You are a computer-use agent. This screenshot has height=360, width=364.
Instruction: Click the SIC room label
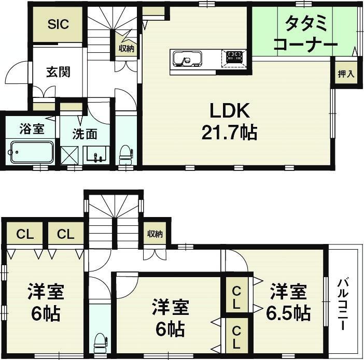pos(58,24)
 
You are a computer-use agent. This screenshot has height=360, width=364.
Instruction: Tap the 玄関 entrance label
pos(58,72)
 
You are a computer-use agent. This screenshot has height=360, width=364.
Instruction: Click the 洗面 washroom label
pos(85,134)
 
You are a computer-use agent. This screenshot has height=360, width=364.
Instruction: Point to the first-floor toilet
pos(125,154)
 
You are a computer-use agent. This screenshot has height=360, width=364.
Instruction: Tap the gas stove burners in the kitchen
pos(234,58)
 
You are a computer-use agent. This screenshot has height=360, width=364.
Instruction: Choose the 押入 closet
pos(346,74)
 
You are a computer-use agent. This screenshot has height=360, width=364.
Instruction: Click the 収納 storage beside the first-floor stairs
pos(127,44)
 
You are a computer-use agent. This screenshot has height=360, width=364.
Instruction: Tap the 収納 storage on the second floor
pos(155,234)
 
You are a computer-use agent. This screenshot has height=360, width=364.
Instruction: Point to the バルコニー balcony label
pos(343,305)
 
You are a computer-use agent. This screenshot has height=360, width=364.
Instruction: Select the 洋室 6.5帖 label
pos(288,302)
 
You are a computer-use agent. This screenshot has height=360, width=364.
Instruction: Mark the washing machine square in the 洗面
pos(69,155)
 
